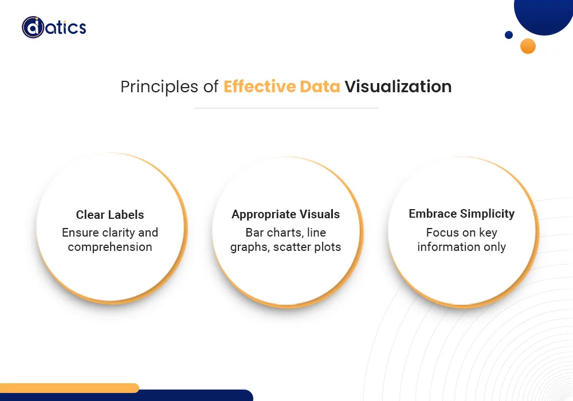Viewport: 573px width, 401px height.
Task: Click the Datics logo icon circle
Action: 33,27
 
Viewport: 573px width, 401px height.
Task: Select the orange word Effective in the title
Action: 260,87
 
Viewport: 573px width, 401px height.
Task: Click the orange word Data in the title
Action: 320,87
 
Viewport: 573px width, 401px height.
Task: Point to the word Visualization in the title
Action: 398,87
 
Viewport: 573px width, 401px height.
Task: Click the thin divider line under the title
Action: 286,108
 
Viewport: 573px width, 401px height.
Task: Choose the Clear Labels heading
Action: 110,215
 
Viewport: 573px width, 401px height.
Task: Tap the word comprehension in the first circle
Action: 110,247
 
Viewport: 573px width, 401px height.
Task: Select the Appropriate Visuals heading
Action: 286,214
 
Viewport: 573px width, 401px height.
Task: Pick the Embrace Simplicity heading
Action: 462,214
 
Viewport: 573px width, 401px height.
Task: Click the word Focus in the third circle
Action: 443,233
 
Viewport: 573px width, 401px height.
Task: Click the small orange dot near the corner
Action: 528,46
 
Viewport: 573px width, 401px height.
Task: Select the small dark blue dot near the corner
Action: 509,35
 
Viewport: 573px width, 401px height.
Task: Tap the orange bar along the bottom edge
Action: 69,388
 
